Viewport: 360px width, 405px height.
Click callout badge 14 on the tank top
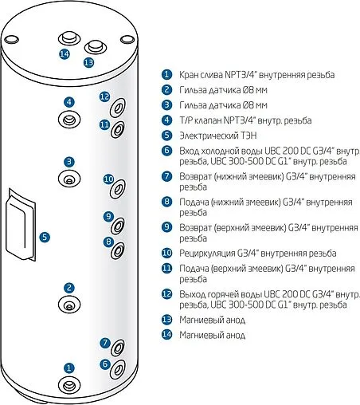(65, 54)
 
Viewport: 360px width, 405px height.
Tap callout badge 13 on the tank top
(88, 61)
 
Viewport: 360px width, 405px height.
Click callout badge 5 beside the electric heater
(45, 237)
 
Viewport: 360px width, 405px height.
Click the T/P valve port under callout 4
(69, 118)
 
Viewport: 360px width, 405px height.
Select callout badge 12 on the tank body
(104, 96)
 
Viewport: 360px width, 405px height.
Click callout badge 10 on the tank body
(109, 179)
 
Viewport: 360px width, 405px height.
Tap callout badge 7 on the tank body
(104, 344)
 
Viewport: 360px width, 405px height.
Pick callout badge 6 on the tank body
(104, 364)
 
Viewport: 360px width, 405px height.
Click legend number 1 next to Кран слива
(166, 74)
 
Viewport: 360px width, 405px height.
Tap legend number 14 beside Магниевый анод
(166, 335)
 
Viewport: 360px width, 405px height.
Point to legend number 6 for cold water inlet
(166, 150)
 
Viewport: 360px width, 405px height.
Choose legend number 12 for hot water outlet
(166, 294)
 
